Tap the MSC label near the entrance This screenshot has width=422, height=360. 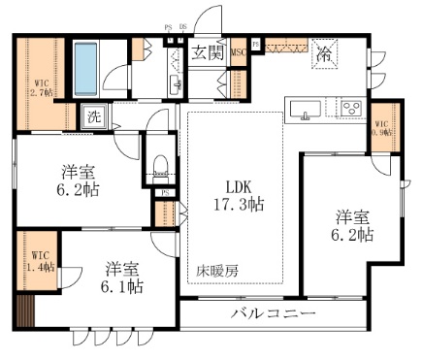(x=238, y=53)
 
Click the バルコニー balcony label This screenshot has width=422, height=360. (x=273, y=313)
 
